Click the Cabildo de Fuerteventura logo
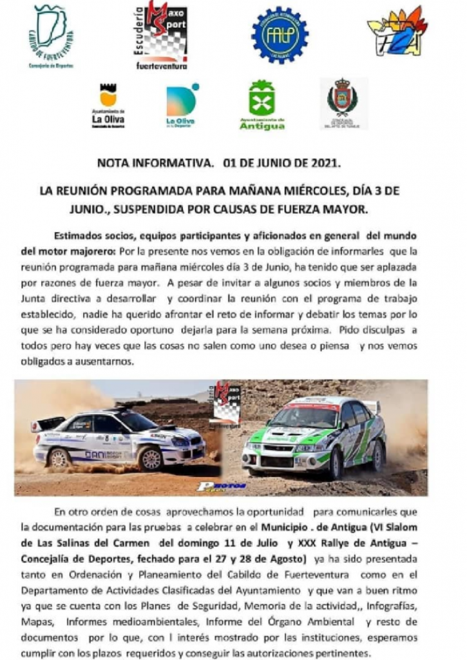coord(52,36)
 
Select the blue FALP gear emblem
coord(279,35)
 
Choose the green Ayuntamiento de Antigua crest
coord(262,105)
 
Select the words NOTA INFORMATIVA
coord(155,163)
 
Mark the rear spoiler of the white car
coord(48,423)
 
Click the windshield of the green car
coord(312,417)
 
